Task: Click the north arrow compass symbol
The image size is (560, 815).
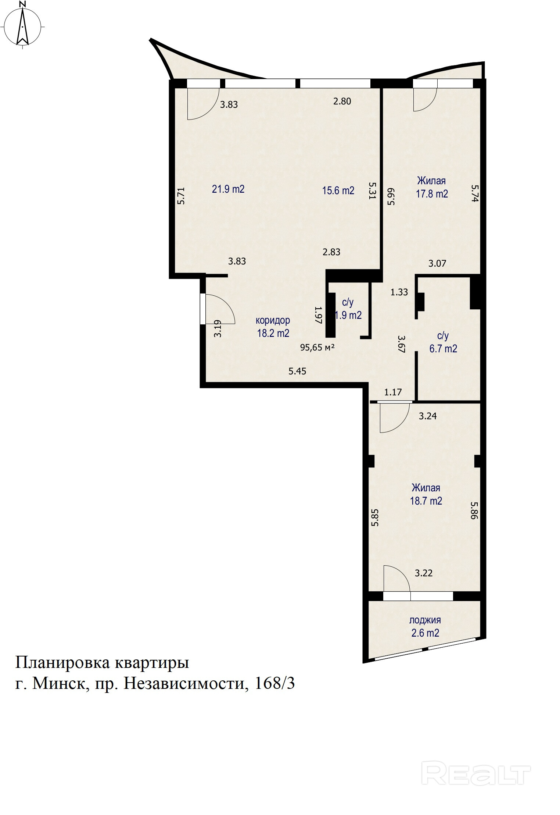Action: (x=23, y=25)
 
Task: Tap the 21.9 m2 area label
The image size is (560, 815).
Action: (x=228, y=189)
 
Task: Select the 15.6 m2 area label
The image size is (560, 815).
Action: (x=338, y=191)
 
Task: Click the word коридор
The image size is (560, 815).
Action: (x=273, y=321)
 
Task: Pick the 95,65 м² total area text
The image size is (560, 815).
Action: (x=317, y=347)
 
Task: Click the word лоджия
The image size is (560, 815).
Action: (x=425, y=620)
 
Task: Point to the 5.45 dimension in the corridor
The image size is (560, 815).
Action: (x=297, y=371)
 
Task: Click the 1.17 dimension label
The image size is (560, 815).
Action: (x=393, y=392)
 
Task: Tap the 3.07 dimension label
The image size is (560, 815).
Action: (x=437, y=263)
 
